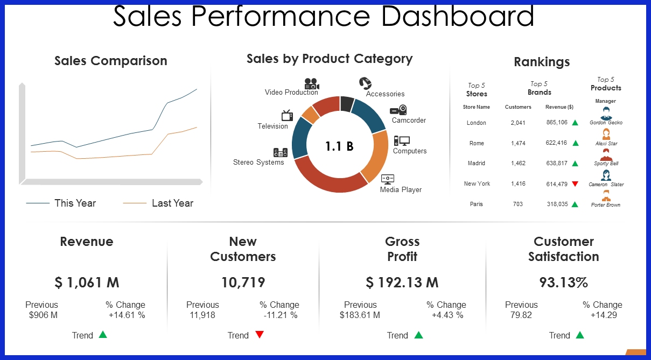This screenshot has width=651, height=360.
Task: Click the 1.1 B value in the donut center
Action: [x=339, y=146]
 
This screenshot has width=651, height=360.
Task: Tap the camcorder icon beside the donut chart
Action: [x=398, y=110]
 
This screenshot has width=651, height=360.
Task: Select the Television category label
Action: [x=272, y=126]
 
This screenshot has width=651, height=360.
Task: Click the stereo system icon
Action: [x=281, y=153]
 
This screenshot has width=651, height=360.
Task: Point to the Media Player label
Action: [x=401, y=189]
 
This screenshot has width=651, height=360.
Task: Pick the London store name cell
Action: [x=476, y=123]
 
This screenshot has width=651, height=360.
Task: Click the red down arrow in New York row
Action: [x=575, y=184]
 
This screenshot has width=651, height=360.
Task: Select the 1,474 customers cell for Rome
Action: [x=518, y=143]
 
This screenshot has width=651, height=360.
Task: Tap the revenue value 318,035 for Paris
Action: [x=557, y=204]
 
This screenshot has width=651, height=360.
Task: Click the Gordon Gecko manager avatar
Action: [x=606, y=112]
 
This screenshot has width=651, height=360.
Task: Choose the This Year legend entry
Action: [x=75, y=203]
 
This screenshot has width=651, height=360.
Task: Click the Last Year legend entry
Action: [x=172, y=203]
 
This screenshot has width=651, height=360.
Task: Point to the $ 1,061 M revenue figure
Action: [x=87, y=282]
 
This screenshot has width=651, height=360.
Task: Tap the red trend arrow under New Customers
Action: [x=260, y=335]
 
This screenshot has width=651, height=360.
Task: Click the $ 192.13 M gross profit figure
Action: [x=402, y=282]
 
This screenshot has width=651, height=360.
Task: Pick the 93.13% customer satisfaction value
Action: [x=563, y=282]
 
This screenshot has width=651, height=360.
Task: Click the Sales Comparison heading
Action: [x=110, y=61]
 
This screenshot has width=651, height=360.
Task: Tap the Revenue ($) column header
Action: [x=559, y=107]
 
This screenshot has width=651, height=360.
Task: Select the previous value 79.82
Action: [x=521, y=315]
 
